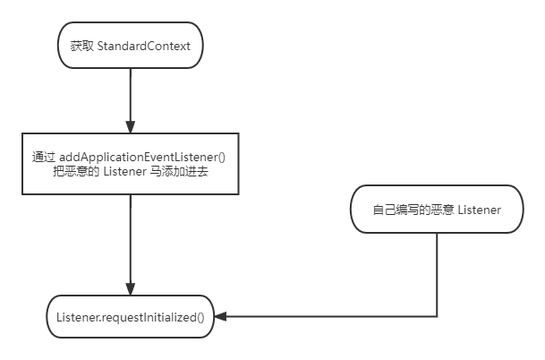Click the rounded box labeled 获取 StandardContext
coord(130,46)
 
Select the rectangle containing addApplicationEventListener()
coord(130,163)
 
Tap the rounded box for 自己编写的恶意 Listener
coord(437,210)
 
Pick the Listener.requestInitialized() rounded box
coord(130,316)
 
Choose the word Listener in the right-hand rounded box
coord(479,210)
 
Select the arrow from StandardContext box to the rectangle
coord(130,99)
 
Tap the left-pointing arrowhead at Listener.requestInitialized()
coord(220,316)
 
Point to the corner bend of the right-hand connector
coord(437,316)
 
